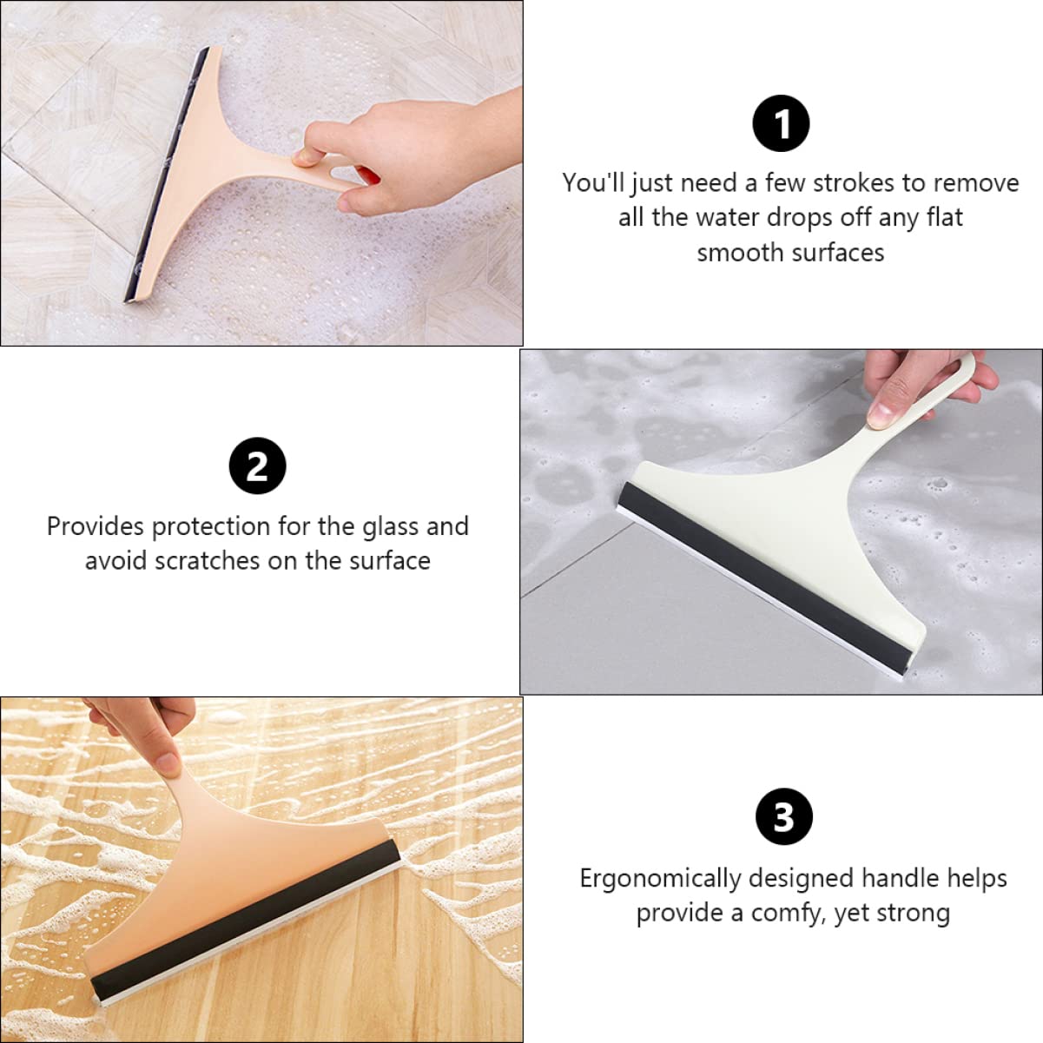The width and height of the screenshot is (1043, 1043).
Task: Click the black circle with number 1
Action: [x=781, y=124]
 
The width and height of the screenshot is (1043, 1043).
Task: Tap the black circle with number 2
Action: [x=257, y=466]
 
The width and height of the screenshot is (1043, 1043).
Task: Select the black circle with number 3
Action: [x=783, y=817]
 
